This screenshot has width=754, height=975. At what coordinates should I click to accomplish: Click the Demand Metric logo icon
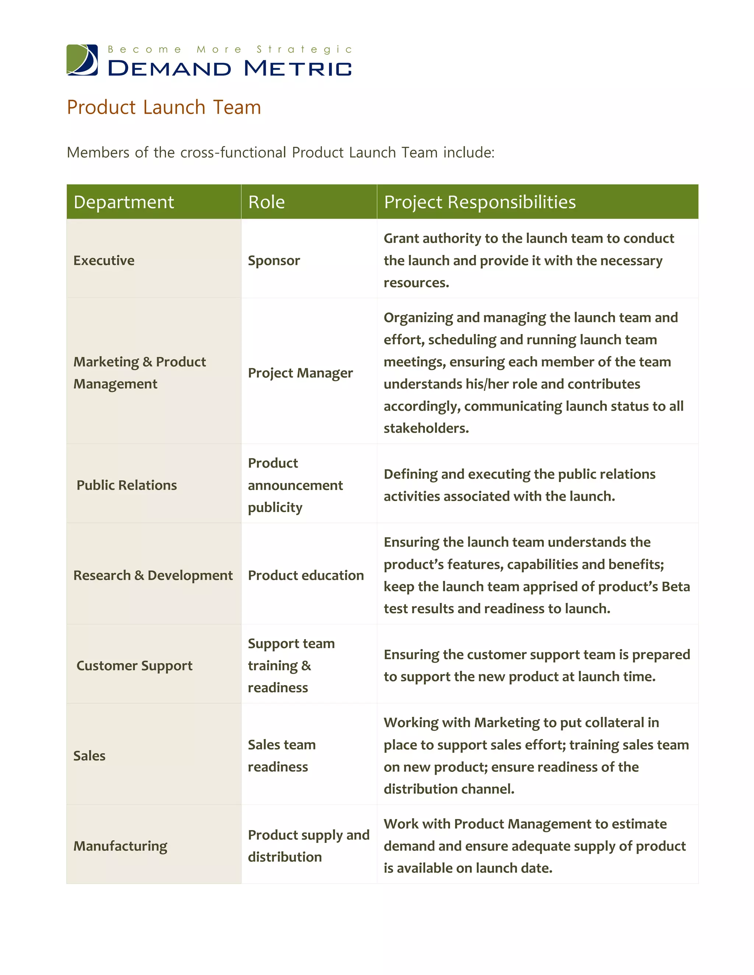82,60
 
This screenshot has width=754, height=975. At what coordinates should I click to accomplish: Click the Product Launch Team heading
163,107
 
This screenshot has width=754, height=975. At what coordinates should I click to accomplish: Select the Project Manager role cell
300,373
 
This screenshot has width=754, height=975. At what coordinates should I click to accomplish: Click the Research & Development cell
153,575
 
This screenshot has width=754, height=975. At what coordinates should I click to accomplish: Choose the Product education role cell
306,575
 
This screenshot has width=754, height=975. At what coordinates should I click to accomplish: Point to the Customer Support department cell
134,666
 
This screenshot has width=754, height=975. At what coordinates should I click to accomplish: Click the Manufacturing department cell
120,846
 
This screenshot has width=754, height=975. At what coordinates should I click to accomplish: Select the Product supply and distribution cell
308,846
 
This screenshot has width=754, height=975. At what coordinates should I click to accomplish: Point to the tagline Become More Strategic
230,50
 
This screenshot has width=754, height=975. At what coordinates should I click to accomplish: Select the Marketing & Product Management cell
140,373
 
